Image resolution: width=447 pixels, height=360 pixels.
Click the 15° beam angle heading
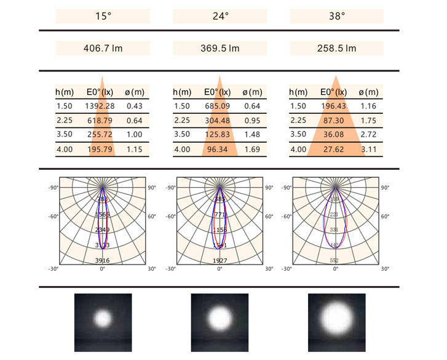pyautogui.click(x=103, y=17)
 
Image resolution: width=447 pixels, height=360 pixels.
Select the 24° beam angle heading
pyautogui.click(x=220, y=17)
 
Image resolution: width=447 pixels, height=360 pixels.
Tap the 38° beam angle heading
pyautogui.click(x=336, y=17)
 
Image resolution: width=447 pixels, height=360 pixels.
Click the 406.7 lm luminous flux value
pyautogui.click(x=103, y=48)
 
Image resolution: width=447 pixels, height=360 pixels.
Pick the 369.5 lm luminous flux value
pyautogui.click(x=220, y=48)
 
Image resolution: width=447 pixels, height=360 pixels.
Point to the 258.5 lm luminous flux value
pyautogui.click(x=336, y=48)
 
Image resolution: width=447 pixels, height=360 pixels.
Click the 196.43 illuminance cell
pyautogui.click(x=333, y=106)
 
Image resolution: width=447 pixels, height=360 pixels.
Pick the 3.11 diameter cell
pyautogui.click(x=371, y=149)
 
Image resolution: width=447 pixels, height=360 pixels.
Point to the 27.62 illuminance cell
pyautogui.click(x=333, y=149)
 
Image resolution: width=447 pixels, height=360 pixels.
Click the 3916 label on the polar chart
pyautogui.click(x=103, y=261)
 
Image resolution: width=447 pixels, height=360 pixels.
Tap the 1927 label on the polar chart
pyautogui.click(x=220, y=261)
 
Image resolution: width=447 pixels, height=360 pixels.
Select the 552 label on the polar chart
pyautogui.click(x=335, y=261)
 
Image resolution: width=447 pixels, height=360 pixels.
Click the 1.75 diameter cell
pyautogui.click(x=371, y=120)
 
